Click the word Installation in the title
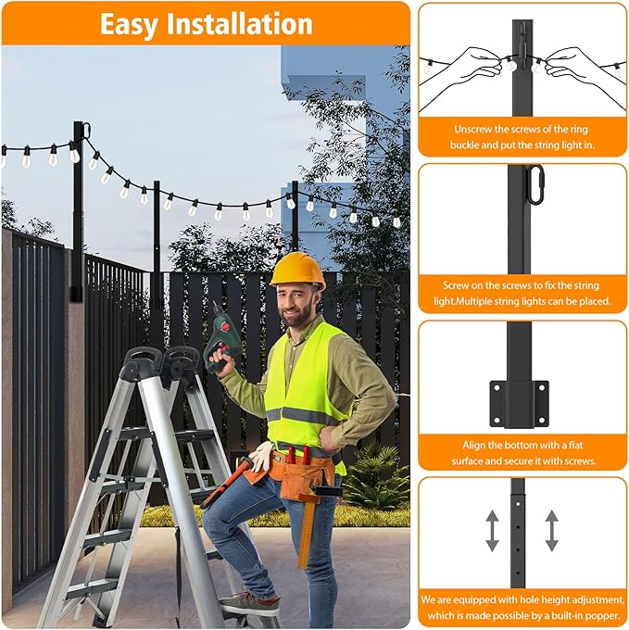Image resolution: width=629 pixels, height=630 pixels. [x=242, y=24]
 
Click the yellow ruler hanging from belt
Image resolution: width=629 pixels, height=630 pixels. [x=304, y=532]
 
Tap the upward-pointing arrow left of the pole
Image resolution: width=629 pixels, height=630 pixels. [x=491, y=531]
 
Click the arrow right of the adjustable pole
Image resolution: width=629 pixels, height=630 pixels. [x=552, y=531]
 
